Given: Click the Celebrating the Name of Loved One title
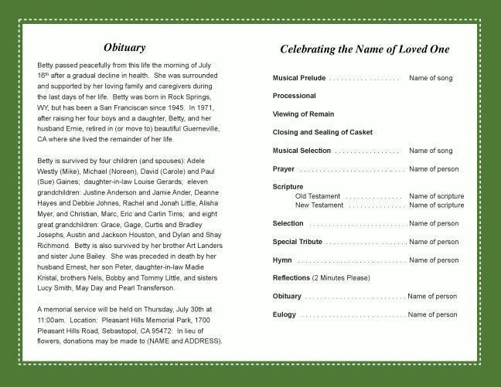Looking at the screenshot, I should click(364, 49).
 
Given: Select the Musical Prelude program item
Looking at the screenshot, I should click(299, 79).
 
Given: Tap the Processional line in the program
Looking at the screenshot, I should click(294, 97).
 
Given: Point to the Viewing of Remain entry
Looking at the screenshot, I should click(303, 114).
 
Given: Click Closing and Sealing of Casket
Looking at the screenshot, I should click(322, 133).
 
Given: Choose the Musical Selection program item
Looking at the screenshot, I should click(302, 151).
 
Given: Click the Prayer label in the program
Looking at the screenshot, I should click(283, 168).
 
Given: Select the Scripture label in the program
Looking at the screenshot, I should click(288, 187).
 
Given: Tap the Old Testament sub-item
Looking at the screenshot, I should click(318, 196).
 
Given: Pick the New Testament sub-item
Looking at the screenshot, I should click(319, 205).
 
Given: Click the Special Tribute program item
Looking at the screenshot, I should click(298, 242).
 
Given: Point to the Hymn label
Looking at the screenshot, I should click(281, 260).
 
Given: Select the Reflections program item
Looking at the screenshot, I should click(291, 278).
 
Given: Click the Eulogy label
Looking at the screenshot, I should click(284, 314).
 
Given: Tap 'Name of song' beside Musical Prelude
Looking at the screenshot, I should click(431, 79).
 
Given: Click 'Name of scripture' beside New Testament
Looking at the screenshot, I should click(436, 205).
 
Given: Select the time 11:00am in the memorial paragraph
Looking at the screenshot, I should click(51, 320).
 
